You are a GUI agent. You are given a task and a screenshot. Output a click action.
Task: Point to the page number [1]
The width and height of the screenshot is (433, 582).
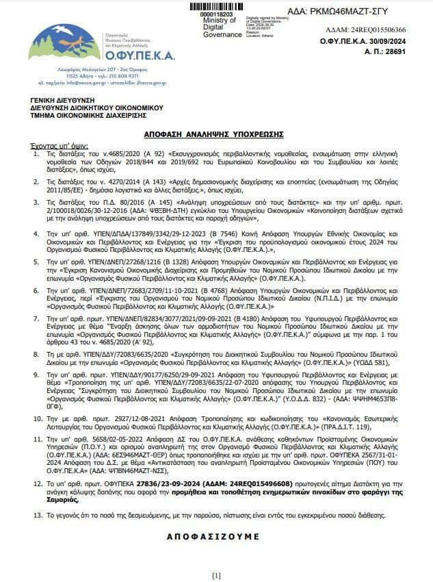click(216, 574)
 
